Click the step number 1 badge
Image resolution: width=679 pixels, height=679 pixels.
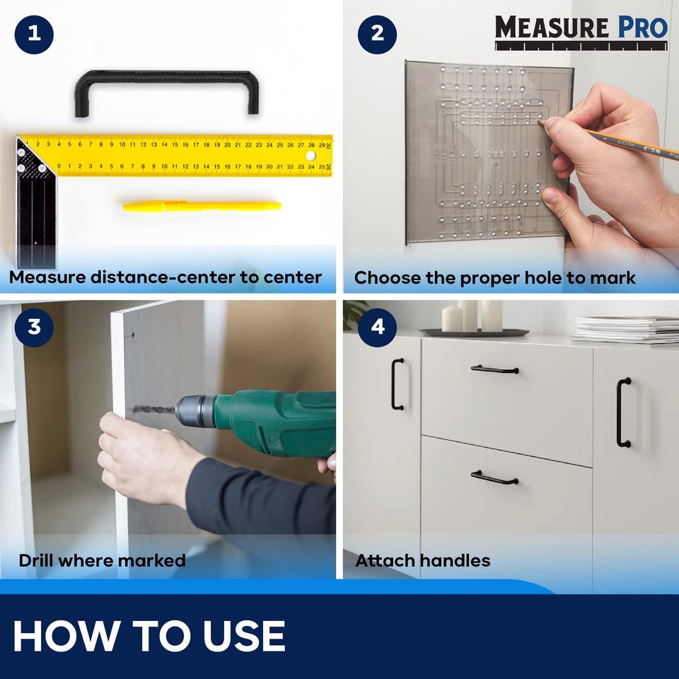click(x=33, y=34)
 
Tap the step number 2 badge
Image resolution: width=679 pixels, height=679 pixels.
click(x=376, y=34)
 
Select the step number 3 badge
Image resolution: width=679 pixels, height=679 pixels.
click(x=33, y=327)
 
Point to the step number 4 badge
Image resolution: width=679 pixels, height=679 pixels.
click(x=376, y=327)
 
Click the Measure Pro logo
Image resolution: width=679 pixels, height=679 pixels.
click(x=581, y=32)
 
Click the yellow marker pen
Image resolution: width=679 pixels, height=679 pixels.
click(x=202, y=206)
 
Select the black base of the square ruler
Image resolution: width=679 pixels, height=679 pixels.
click(x=35, y=212)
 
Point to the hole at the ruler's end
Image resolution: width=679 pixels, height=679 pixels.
click(x=311, y=154)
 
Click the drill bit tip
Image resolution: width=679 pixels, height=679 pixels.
click(x=136, y=410)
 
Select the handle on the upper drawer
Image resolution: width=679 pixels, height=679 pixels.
click(x=495, y=368)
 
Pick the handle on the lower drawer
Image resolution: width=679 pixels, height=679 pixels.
click(x=495, y=477)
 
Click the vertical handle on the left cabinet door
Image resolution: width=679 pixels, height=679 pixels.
click(x=397, y=384)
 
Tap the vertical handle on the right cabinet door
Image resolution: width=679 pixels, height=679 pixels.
click(x=623, y=412)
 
